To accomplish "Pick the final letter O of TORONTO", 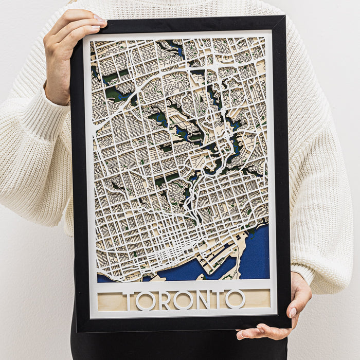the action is [235, 299].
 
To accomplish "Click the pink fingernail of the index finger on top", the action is [99, 18].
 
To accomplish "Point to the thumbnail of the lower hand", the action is [292, 312].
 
